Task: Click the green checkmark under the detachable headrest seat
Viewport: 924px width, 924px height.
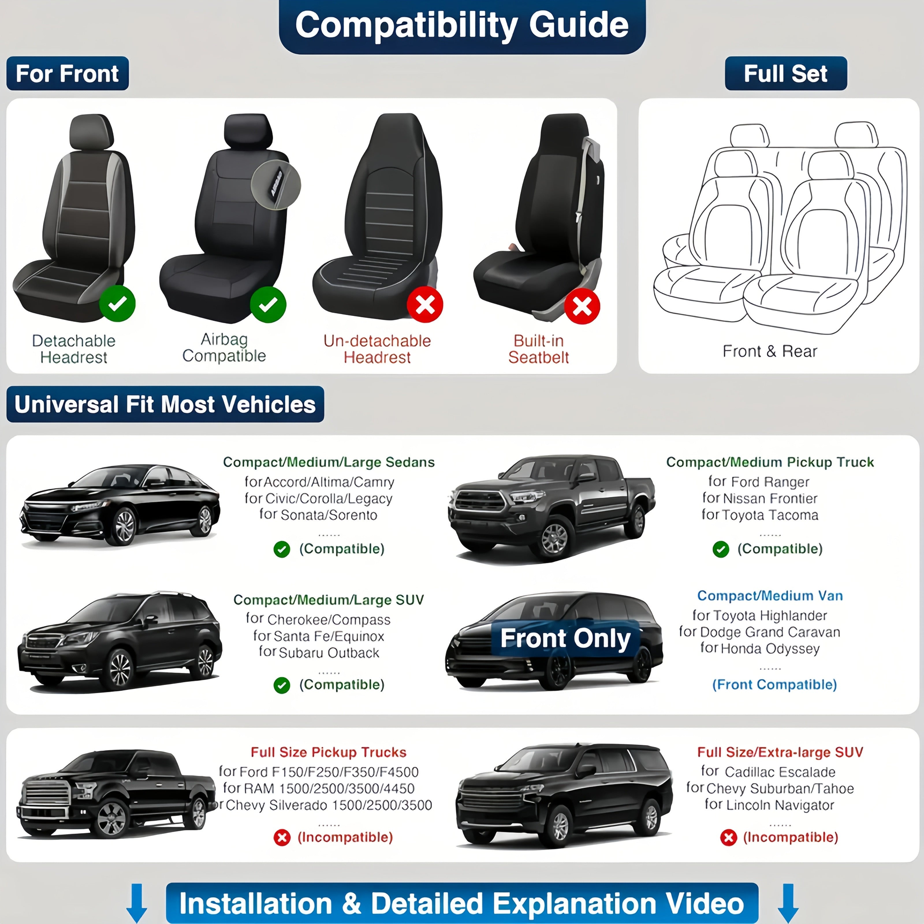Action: click(x=117, y=304)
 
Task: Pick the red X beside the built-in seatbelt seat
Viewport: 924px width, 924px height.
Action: click(x=582, y=306)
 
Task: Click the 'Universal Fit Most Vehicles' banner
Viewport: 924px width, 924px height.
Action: click(x=165, y=404)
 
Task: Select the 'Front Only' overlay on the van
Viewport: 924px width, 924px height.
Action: click(x=565, y=638)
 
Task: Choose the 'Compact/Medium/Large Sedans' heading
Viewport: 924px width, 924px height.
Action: click(x=329, y=462)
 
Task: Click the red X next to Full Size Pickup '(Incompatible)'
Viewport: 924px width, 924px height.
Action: click(x=282, y=837)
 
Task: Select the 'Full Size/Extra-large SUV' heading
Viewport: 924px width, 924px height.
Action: click(x=780, y=752)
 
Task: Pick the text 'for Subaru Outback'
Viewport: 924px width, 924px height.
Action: click(x=319, y=653)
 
